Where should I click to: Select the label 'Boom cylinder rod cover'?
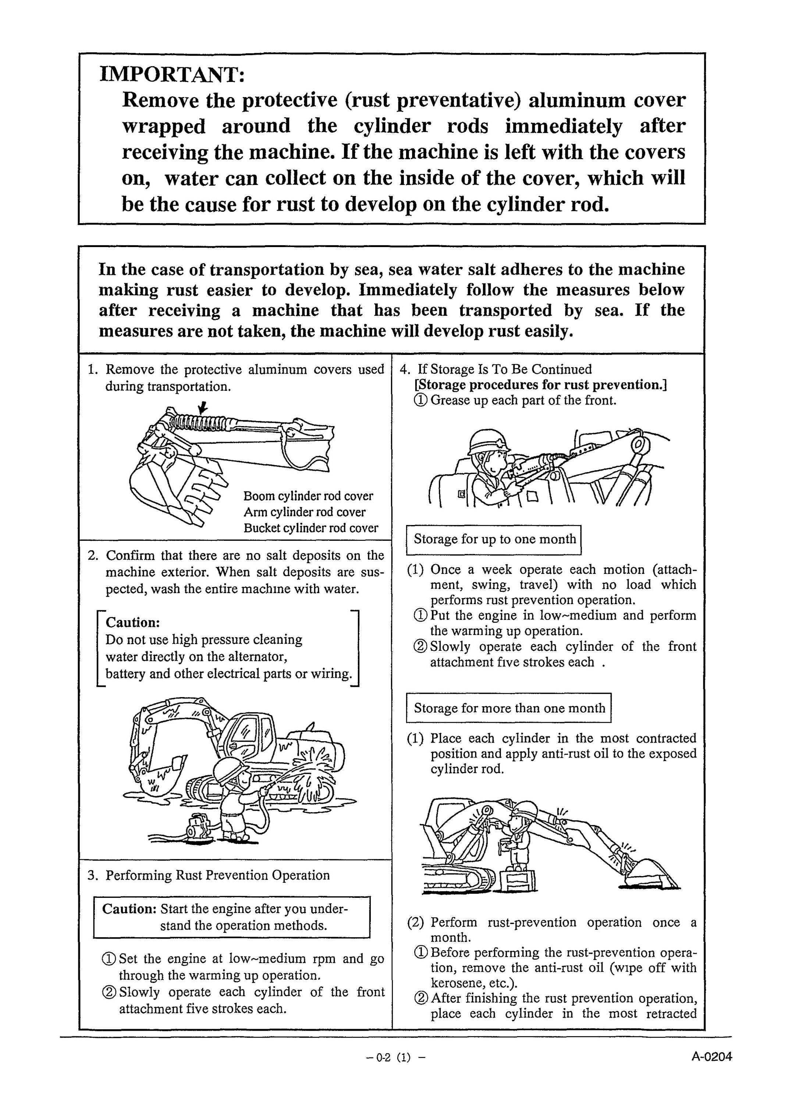pos(308,496)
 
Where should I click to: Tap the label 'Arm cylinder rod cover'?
pos(305,512)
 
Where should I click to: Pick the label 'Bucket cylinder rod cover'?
pos(311,528)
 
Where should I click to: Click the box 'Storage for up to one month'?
pos(494,539)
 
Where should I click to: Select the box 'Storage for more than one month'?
pos(508,708)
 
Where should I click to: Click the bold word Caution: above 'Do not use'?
pos(133,622)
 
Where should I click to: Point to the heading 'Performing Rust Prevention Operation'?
pos(217,875)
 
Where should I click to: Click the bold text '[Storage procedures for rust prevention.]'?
pos(540,385)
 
